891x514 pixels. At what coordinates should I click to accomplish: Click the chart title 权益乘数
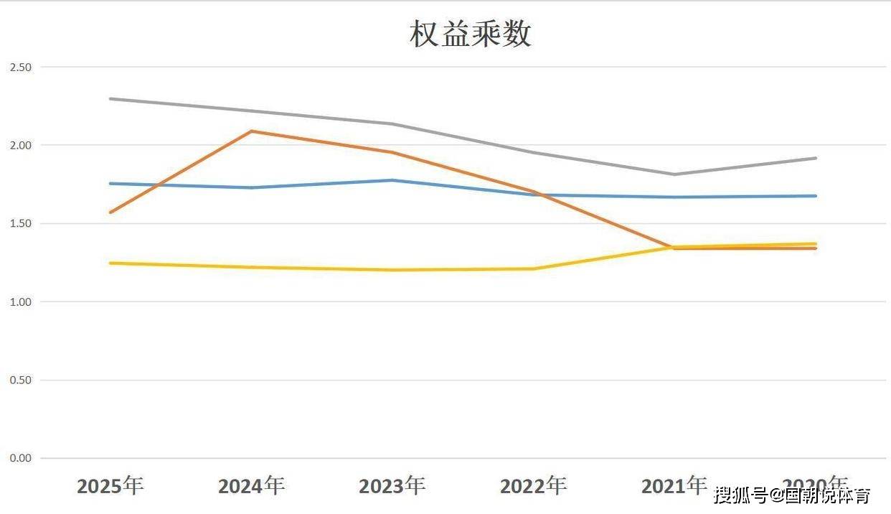(470, 34)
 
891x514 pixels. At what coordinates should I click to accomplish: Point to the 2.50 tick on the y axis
(20, 67)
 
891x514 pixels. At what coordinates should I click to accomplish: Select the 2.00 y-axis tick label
(20, 145)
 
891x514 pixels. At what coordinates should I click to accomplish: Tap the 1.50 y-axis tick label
(20, 223)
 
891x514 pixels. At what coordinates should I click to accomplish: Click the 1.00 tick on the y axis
(20, 302)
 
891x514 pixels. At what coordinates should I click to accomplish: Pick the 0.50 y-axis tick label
(20, 380)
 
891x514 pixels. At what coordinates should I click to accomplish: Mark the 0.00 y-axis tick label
(20, 458)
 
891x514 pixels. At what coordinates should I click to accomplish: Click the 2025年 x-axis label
(110, 486)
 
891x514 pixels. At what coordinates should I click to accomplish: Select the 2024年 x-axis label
(251, 486)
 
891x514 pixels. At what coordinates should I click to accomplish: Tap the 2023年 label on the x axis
(392, 486)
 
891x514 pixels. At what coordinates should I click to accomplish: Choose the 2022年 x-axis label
(533, 486)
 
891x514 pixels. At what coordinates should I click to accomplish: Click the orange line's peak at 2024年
(251, 131)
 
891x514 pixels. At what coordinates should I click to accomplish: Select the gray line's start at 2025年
(110, 98)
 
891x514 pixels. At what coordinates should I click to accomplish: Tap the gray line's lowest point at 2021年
(674, 174)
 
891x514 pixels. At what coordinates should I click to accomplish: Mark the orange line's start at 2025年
(110, 212)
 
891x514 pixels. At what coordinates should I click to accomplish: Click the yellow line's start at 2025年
(110, 263)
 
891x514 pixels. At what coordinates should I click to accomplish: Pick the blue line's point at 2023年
(392, 180)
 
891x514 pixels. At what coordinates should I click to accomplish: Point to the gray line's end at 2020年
(816, 158)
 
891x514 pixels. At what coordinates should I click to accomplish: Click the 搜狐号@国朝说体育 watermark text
(791, 495)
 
